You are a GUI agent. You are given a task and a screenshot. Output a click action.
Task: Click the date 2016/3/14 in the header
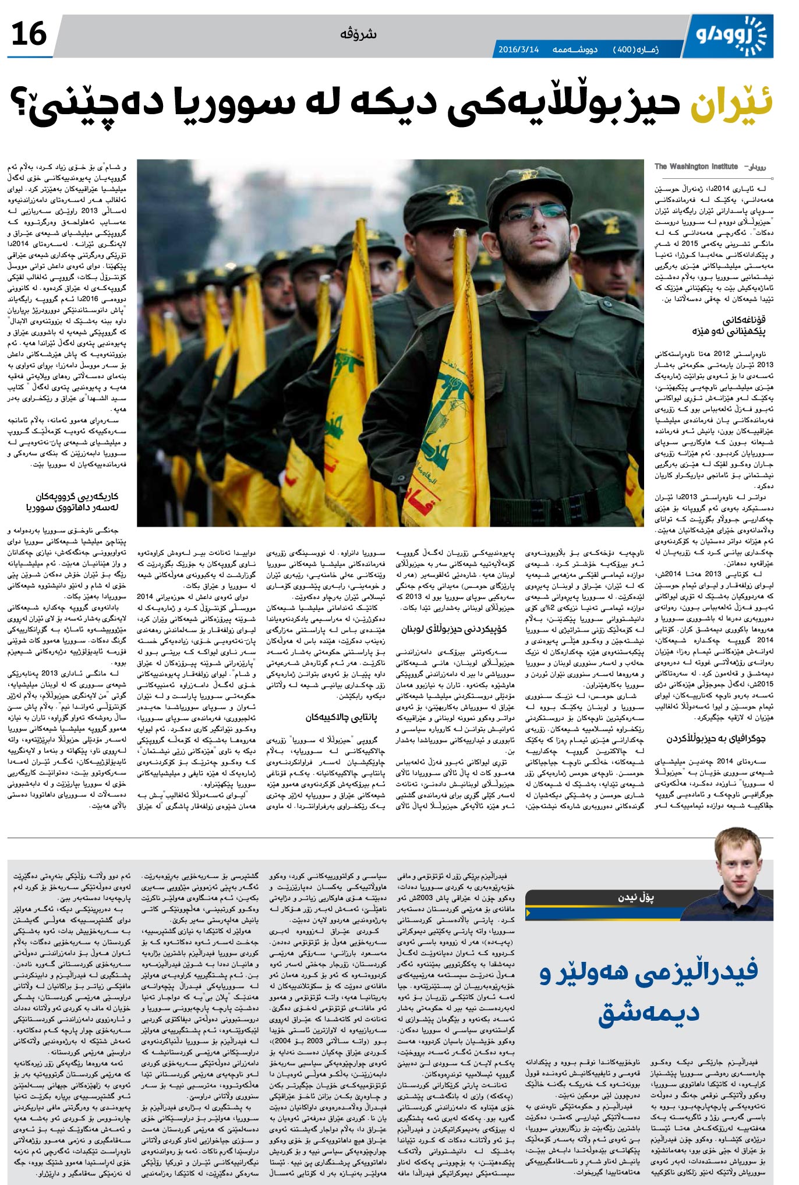coord(518,50)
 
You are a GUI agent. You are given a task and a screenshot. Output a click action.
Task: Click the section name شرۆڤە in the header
coord(359,34)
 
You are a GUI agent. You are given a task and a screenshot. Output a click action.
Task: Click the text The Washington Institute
coord(696,167)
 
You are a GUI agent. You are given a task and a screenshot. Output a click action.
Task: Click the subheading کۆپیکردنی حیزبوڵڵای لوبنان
coord(454,629)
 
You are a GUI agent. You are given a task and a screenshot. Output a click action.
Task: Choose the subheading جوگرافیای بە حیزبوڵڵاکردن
coord(715,739)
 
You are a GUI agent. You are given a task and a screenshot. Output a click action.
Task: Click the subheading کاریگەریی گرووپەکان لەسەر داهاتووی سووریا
coord(73,502)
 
